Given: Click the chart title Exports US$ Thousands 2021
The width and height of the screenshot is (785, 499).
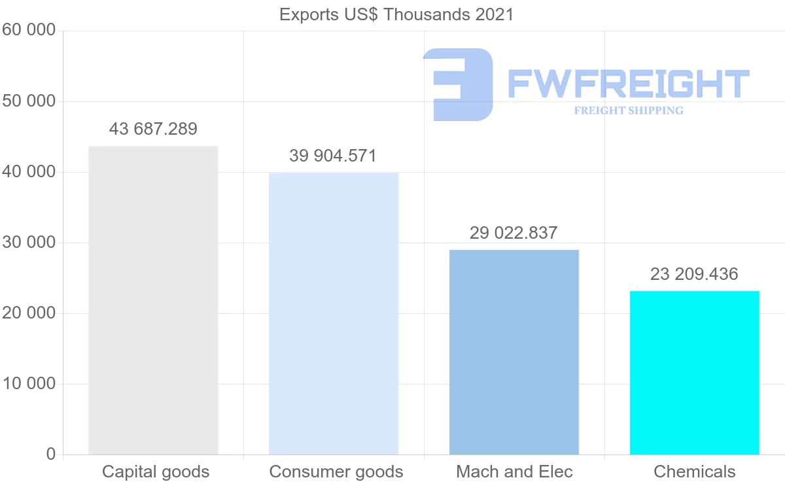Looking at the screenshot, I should point(396,14).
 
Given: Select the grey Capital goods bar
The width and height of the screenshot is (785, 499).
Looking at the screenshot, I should point(153,300).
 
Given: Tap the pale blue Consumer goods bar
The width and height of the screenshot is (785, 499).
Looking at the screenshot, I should point(334,313).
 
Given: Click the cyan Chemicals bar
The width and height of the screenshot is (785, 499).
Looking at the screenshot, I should point(695,372).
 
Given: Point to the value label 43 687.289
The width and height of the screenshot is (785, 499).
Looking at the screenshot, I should point(153,129).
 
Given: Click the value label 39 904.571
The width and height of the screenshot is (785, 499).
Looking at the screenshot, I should point(333,156).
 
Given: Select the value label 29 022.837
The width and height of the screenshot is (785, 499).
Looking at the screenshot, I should point(514,232).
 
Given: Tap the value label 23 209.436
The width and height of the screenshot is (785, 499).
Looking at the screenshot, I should point(694,274).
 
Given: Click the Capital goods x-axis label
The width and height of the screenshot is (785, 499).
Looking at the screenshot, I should point(156,472).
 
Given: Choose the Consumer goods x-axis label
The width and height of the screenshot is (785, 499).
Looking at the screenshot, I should point(336,472).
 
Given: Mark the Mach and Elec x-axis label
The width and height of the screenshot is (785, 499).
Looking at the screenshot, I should point(514,472).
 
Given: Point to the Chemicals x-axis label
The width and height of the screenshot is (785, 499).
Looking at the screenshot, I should point(695,472).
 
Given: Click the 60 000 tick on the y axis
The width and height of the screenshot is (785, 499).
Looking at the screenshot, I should point(29,31).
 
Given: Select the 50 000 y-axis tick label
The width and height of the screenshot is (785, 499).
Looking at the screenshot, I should point(29,101).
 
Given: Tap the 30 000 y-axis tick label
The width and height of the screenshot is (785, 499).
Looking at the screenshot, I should point(29,243).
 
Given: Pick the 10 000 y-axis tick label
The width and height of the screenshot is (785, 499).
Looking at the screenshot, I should point(29,384).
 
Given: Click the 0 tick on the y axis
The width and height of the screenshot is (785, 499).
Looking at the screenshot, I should point(51,455).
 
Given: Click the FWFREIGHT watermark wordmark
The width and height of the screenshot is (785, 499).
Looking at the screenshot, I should point(628,84).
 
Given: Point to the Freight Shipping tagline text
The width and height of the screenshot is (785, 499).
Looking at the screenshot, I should point(629,111).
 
